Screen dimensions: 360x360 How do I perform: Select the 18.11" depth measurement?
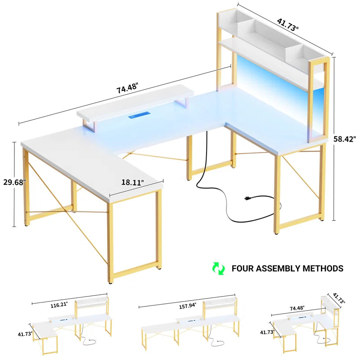point(132,183)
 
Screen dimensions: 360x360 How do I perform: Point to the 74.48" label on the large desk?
point(127,90)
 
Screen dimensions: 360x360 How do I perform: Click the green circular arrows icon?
point(218,269)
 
